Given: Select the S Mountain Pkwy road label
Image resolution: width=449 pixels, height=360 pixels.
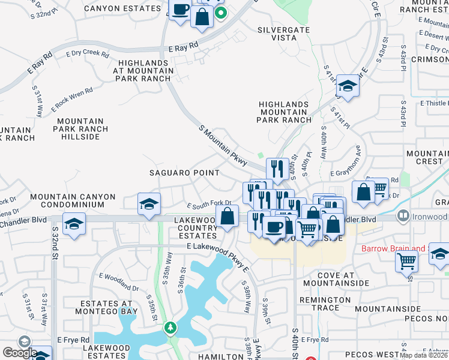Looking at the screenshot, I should [223, 146].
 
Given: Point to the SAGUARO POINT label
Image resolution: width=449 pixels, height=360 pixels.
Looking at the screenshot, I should [184, 173].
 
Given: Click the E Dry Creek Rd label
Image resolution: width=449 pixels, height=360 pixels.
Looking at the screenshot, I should [88, 54].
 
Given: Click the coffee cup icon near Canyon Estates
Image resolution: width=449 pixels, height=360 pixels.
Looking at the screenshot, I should [179, 10].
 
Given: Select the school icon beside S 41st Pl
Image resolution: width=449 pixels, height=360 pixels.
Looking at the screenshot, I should [348, 86].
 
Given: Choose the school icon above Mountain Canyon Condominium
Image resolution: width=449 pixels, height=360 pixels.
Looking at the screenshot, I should [149, 204].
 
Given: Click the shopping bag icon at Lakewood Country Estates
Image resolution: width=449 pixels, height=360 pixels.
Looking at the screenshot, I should [228, 216].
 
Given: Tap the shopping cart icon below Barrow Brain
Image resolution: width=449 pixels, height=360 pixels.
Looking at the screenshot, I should [407, 261].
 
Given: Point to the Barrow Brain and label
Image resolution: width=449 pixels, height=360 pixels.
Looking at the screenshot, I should [393, 248].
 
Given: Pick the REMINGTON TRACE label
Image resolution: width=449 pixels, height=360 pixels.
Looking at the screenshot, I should [325, 304].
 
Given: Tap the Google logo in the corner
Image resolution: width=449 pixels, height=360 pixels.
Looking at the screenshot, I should [19, 352].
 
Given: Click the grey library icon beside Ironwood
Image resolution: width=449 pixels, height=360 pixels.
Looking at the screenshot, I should [403, 216].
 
